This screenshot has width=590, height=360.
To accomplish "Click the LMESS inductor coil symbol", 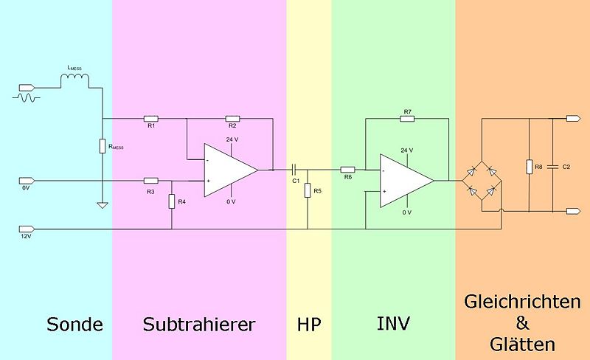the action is (x=75, y=80).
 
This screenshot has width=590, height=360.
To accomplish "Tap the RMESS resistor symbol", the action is (x=103, y=146).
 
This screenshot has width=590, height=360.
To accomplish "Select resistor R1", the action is (x=151, y=119).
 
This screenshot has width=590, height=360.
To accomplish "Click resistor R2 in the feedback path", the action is (x=232, y=119).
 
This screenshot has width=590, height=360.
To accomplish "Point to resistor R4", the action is (x=172, y=201).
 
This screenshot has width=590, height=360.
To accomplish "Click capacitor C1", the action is (x=295, y=170).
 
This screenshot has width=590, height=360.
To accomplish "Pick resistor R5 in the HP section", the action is (x=308, y=190).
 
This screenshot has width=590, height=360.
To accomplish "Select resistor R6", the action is (x=347, y=170).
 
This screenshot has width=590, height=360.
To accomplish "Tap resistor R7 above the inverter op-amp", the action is (x=407, y=119).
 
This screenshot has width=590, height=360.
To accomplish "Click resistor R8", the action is (x=529, y=167).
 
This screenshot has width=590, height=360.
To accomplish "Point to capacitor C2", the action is (x=552, y=167).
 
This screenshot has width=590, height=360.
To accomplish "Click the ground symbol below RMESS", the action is (x=103, y=205).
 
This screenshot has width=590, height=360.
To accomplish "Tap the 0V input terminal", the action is (x=27, y=181).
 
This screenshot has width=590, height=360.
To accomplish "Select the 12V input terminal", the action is (x=27, y=229).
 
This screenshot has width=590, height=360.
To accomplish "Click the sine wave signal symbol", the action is (x=27, y=98).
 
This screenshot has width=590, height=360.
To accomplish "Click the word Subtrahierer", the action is (x=199, y=325).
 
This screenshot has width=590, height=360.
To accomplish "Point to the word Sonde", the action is (x=75, y=325).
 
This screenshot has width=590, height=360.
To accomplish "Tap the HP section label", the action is (x=309, y=325).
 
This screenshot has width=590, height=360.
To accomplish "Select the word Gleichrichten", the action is (x=523, y=302).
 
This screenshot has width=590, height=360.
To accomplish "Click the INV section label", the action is (x=393, y=323).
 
